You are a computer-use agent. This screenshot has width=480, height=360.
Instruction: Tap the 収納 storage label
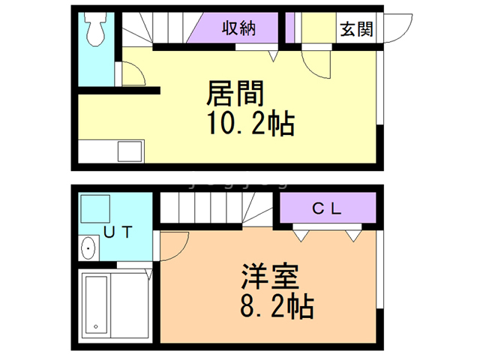pyautogui.click(x=239, y=29)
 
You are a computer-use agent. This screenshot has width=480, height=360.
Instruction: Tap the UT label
pyautogui.click(x=118, y=232)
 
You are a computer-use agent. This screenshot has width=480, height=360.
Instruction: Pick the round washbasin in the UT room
pyautogui.click(x=88, y=247)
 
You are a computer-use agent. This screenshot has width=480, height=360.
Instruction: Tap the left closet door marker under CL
pyautogui.click(x=301, y=235)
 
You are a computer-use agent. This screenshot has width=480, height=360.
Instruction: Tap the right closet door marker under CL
pyautogui.click(x=352, y=235)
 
